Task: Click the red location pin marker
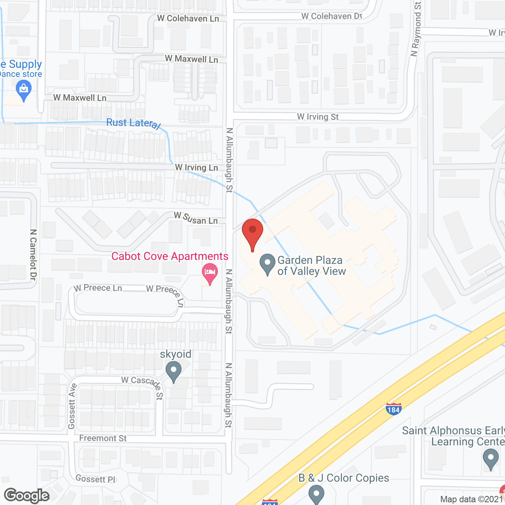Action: click(x=252, y=233)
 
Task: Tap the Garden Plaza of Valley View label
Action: click(x=311, y=266)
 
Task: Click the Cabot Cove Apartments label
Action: click(x=170, y=256)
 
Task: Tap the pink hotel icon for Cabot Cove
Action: click(x=210, y=273)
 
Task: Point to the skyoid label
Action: click(x=176, y=354)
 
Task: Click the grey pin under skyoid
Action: click(x=174, y=372)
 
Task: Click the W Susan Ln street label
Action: click(x=196, y=218)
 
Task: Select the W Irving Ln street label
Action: click(x=196, y=168)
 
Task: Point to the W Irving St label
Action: click(x=318, y=117)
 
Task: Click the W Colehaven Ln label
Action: click(x=188, y=19)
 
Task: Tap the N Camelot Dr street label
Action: click(x=33, y=255)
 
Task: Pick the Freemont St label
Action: click(x=103, y=438)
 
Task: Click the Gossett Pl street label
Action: click(x=95, y=479)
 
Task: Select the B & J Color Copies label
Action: click(x=344, y=478)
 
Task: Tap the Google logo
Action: click(x=27, y=496)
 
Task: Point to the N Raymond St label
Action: click(x=416, y=30)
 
